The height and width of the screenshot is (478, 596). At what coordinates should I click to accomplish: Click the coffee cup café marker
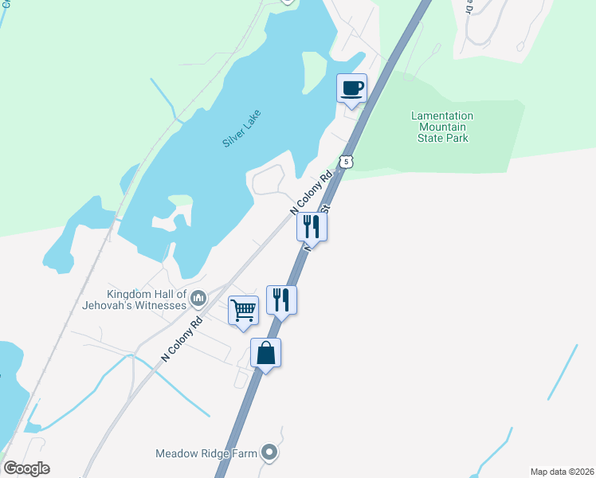click(351, 88)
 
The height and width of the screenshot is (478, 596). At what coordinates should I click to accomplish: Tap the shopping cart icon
click(243, 310)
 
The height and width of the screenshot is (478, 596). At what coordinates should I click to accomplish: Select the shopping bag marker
click(266, 352)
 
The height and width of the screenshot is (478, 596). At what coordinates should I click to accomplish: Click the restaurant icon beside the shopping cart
click(281, 300)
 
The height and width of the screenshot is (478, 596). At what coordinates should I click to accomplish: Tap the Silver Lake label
click(241, 127)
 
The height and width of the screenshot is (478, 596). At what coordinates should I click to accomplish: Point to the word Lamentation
click(441, 116)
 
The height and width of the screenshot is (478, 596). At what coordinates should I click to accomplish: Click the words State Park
click(442, 138)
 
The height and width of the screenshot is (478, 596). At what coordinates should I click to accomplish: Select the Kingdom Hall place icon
click(198, 299)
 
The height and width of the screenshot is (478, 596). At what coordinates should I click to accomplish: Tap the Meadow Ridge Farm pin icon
click(269, 453)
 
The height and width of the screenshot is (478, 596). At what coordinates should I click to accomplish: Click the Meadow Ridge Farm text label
click(206, 454)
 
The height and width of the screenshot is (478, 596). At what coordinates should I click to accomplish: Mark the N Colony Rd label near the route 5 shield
click(310, 194)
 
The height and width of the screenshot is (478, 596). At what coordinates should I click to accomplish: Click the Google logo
click(26, 468)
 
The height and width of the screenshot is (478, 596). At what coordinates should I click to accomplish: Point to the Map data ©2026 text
click(562, 472)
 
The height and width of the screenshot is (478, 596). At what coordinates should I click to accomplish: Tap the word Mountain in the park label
click(442, 127)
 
